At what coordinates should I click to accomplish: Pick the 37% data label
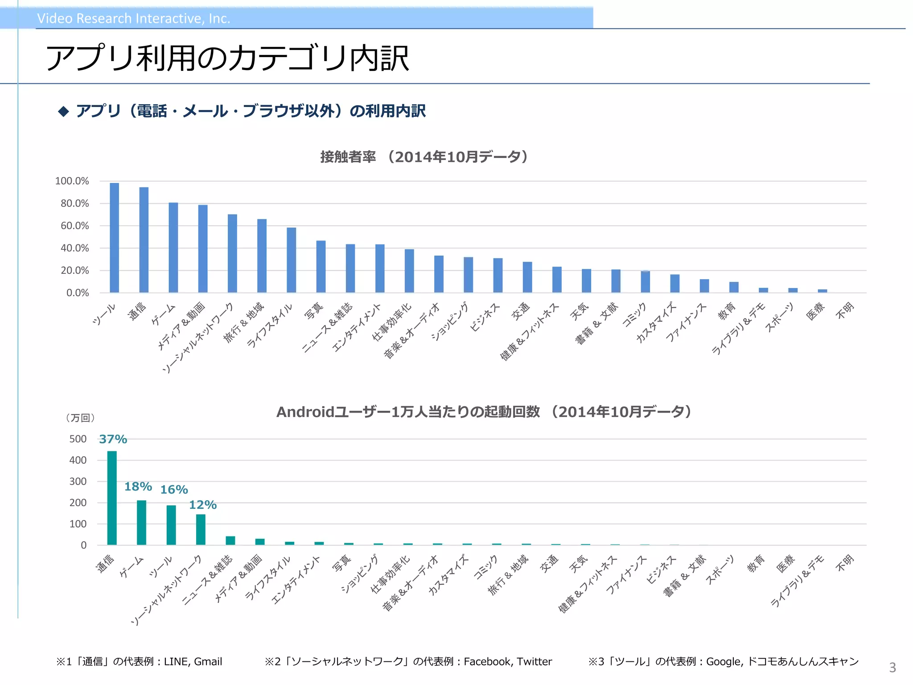(113, 439)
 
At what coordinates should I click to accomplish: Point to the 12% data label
(203, 505)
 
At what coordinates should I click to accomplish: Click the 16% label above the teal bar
(174, 490)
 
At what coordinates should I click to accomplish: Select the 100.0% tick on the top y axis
(72, 181)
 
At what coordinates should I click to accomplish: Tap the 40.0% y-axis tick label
(74, 248)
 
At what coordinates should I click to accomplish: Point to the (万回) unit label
(80, 418)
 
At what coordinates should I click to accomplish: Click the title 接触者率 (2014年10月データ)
(424, 157)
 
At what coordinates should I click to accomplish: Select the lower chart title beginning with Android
(484, 412)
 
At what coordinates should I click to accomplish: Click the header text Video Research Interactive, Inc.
(133, 18)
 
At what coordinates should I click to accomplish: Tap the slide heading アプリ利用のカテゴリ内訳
(227, 58)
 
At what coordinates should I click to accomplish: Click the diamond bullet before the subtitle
(64, 111)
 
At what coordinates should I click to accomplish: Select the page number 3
(892, 668)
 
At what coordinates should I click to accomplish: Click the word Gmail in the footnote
(208, 661)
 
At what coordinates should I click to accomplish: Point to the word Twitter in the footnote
(534, 661)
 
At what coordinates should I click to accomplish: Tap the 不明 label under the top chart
(845, 310)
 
